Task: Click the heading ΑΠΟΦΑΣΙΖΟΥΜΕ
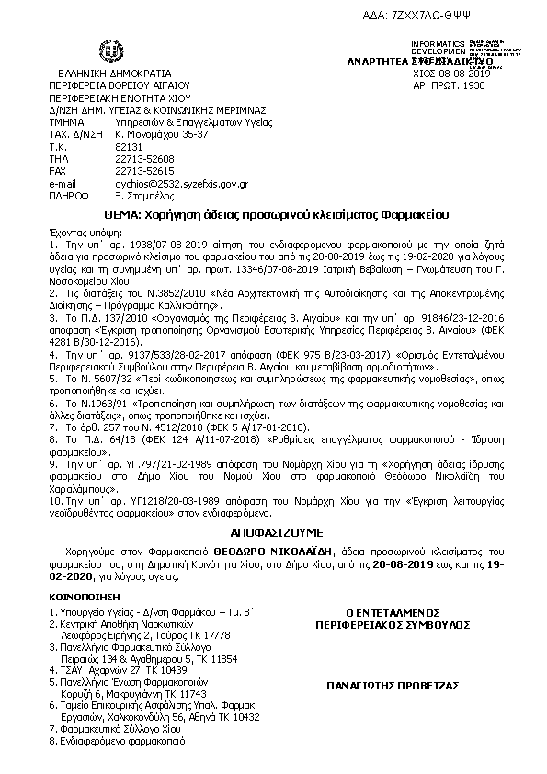coord(272,532)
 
